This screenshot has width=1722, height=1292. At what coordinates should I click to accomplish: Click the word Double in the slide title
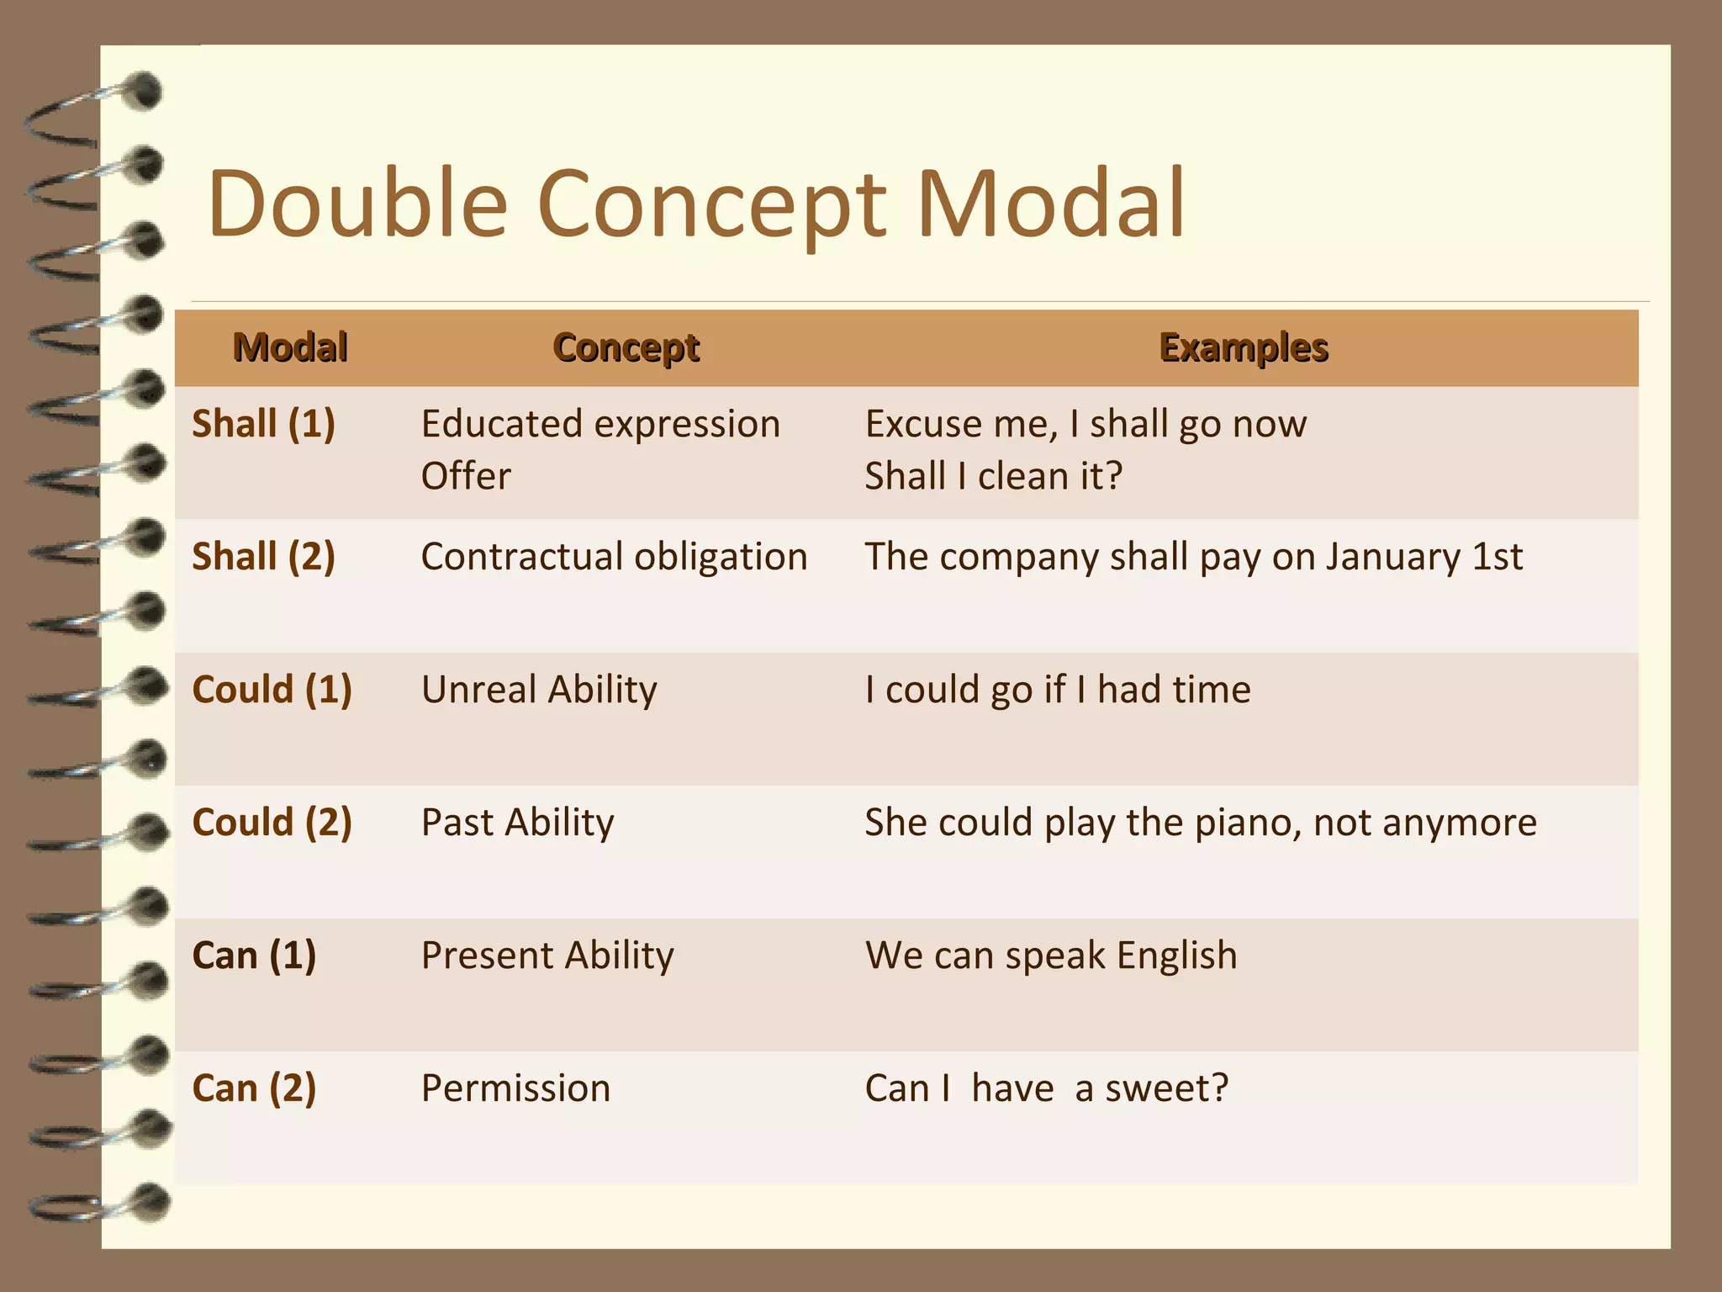pos(357,204)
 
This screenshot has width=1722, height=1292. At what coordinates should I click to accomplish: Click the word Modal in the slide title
pos(1050,204)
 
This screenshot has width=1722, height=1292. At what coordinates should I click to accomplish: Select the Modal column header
pos(290,347)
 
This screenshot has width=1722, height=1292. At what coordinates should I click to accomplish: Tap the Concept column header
pos(626,347)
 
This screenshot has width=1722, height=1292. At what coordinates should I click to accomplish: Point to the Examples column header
pos(1244,347)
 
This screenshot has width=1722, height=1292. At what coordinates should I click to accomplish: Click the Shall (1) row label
pos(263,423)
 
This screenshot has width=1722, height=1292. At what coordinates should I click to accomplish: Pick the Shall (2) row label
pos(263,557)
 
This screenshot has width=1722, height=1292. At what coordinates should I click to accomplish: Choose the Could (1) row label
pos(272,690)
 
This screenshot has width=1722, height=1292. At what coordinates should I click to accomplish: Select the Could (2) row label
pos(272,823)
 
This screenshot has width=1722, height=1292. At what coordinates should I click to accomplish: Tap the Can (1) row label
pos(254,956)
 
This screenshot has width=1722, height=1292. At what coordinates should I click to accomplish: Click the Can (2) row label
pos(254,1088)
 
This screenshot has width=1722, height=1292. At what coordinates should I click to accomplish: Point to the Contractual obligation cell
pos(614,557)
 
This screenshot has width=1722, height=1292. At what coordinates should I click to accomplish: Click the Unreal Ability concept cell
pos(539,690)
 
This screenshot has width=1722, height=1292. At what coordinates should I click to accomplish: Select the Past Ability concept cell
pos(517,823)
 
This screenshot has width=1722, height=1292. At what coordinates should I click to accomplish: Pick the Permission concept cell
pos(515,1088)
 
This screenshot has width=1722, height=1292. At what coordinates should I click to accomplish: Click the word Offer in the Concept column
pos(466,476)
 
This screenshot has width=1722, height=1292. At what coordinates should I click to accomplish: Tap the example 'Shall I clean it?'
pos(994,476)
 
